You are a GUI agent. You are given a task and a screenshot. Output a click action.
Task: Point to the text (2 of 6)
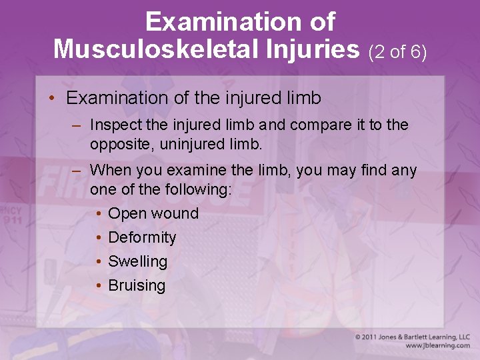click(397, 51)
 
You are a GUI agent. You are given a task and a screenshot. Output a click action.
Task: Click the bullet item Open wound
click(153, 213)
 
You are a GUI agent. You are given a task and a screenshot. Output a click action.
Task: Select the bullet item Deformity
click(142, 237)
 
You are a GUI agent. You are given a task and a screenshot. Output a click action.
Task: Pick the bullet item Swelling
click(137, 261)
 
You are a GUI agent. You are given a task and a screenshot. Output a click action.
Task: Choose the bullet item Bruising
click(137, 285)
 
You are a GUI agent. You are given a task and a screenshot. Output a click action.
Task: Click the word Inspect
click(111, 125)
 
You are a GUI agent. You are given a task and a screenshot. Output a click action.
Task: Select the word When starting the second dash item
click(110, 171)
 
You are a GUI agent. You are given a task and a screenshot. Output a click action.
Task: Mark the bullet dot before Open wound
click(98, 213)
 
